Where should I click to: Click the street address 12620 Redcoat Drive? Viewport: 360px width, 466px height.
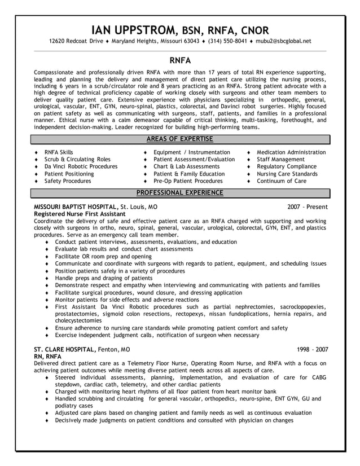click(76, 41)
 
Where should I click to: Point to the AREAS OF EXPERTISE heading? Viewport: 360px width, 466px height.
click(180, 139)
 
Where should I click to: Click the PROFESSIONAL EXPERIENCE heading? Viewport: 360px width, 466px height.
click(180, 193)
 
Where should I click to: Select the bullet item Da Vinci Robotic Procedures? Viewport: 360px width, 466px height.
click(81, 167)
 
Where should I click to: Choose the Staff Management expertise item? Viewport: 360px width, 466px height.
click(280, 160)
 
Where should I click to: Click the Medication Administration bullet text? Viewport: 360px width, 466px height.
click(291, 152)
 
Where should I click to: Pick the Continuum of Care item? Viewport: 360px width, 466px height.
click(281, 182)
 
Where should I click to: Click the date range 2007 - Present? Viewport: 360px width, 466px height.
click(307, 207)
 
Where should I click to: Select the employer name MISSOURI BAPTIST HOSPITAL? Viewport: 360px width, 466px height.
click(76, 207)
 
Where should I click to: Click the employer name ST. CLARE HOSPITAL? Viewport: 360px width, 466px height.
click(65, 349)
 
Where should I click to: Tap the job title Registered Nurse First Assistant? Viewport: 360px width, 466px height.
click(80, 214)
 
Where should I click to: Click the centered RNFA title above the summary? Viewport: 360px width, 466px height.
click(180, 59)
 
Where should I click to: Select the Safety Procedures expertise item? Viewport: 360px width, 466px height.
click(68, 182)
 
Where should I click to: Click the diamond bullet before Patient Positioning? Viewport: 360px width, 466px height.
click(36, 174)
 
